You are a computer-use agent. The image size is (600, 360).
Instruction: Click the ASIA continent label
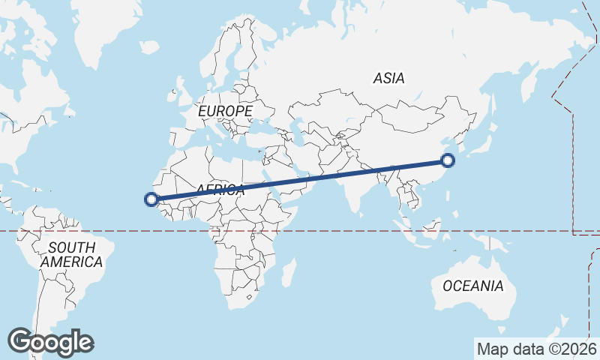click(388, 78)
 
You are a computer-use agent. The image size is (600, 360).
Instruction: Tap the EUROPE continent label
click(225, 111)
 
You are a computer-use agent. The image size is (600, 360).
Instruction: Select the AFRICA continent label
click(220, 190)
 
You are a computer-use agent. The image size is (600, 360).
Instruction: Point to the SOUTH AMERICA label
click(71, 255)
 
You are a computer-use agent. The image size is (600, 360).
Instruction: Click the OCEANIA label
click(472, 286)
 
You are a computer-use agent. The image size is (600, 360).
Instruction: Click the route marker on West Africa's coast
click(151, 199)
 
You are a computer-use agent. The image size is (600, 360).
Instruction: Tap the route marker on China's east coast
click(448, 160)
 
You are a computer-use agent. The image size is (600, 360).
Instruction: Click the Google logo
click(50, 342)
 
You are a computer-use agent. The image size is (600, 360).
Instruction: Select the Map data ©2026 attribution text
click(536, 349)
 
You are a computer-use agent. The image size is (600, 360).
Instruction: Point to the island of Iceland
click(149, 47)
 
